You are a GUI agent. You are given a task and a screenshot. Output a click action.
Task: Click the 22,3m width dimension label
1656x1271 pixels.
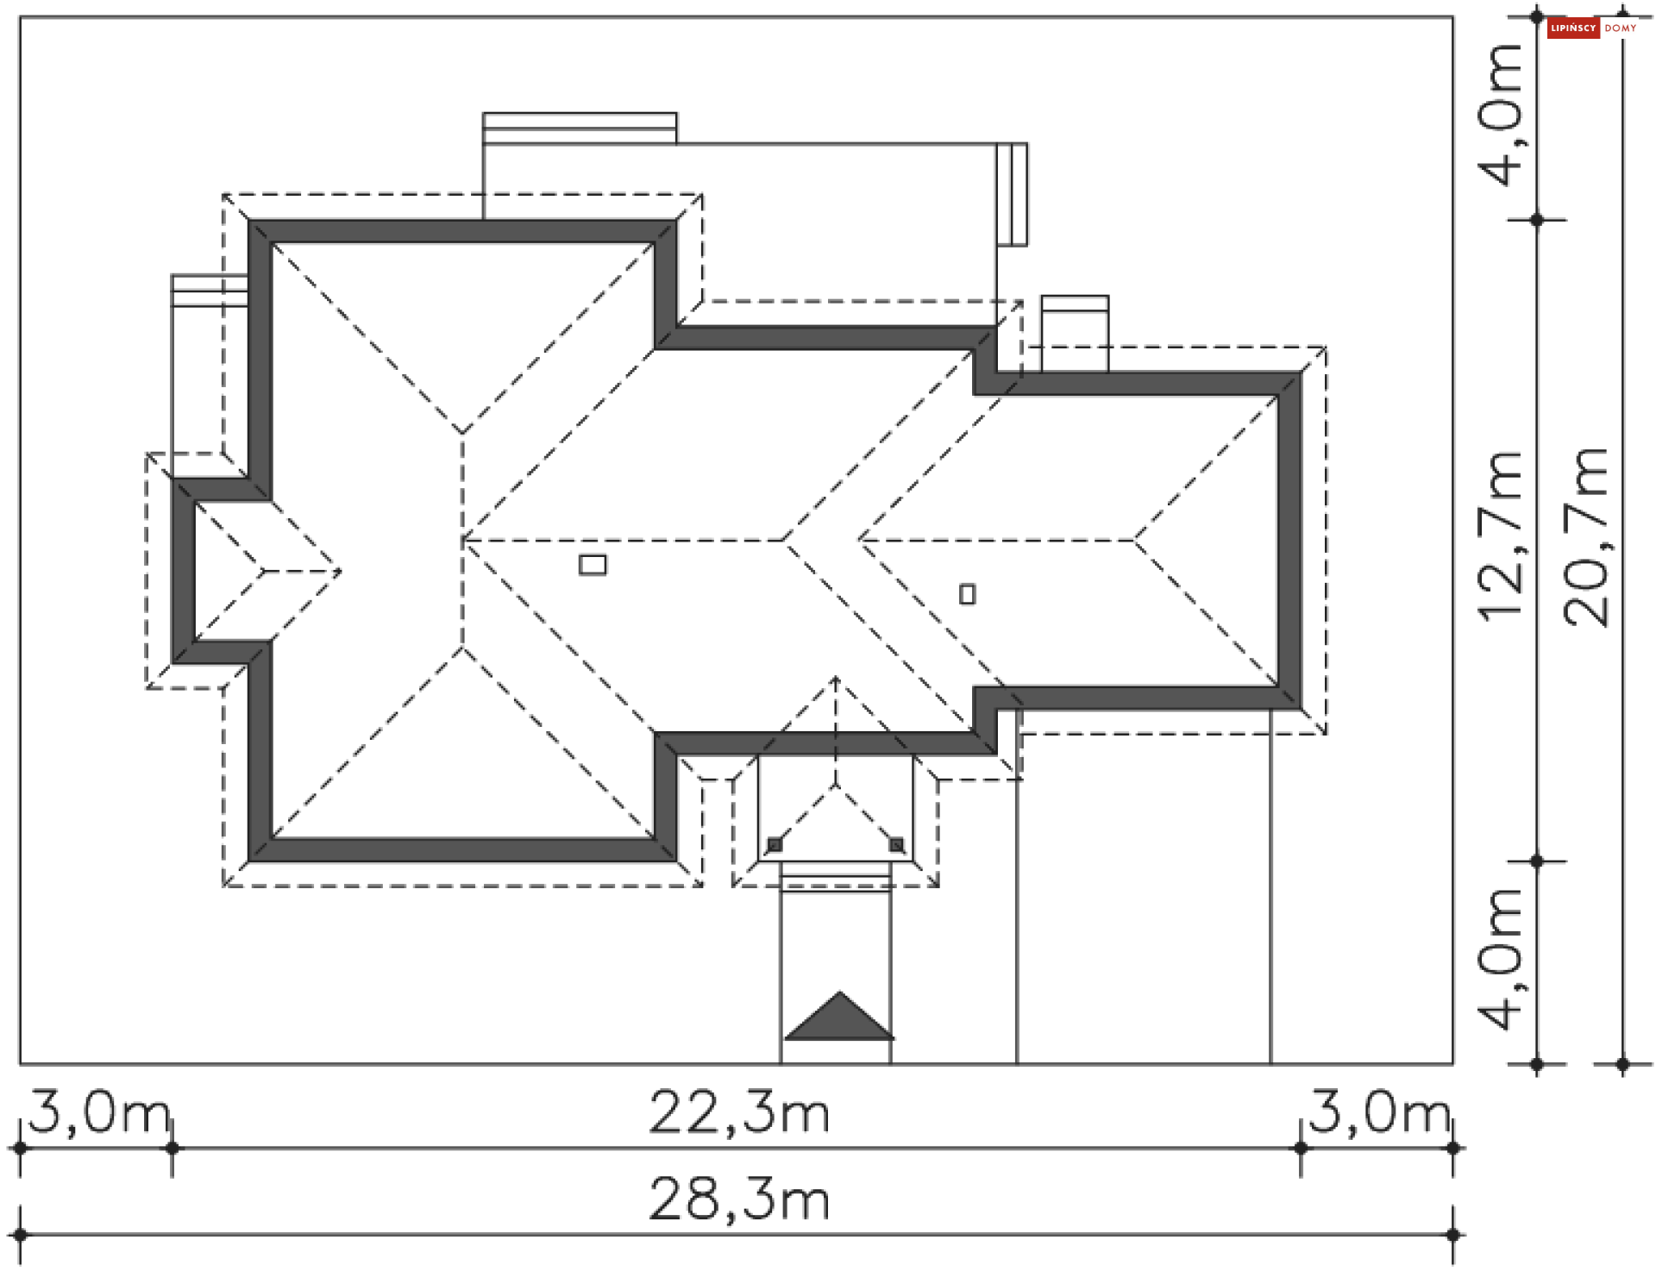[739, 1112]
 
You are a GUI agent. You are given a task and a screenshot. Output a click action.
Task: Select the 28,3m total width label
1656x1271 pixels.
[739, 1199]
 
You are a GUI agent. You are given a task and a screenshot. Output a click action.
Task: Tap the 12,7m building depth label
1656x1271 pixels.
[1501, 535]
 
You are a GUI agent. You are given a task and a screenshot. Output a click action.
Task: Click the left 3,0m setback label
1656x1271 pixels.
[100, 1112]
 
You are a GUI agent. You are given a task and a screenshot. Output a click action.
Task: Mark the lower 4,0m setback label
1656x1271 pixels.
[1501, 959]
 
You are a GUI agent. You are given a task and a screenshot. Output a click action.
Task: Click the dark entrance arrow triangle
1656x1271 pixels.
[838, 1018]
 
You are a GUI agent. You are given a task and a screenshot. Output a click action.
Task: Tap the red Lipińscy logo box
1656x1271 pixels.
[1573, 28]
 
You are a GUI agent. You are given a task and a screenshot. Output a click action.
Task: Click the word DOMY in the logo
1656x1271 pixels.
[1621, 28]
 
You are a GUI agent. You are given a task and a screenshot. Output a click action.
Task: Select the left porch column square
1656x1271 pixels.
[775, 845]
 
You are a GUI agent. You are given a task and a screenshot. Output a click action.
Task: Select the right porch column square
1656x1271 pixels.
[896, 845]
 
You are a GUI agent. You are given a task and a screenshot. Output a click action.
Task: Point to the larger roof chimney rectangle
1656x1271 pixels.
[593, 565]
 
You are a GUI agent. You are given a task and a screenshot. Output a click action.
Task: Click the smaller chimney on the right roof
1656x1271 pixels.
[968, 594]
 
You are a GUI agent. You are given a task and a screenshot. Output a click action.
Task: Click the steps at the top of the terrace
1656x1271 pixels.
[580, 128]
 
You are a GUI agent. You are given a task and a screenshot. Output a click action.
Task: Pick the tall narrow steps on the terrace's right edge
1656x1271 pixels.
[1013, 194]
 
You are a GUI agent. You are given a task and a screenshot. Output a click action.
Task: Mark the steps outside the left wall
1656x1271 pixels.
[210, 291]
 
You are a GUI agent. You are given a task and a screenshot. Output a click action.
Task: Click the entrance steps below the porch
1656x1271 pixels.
[835, 876]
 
